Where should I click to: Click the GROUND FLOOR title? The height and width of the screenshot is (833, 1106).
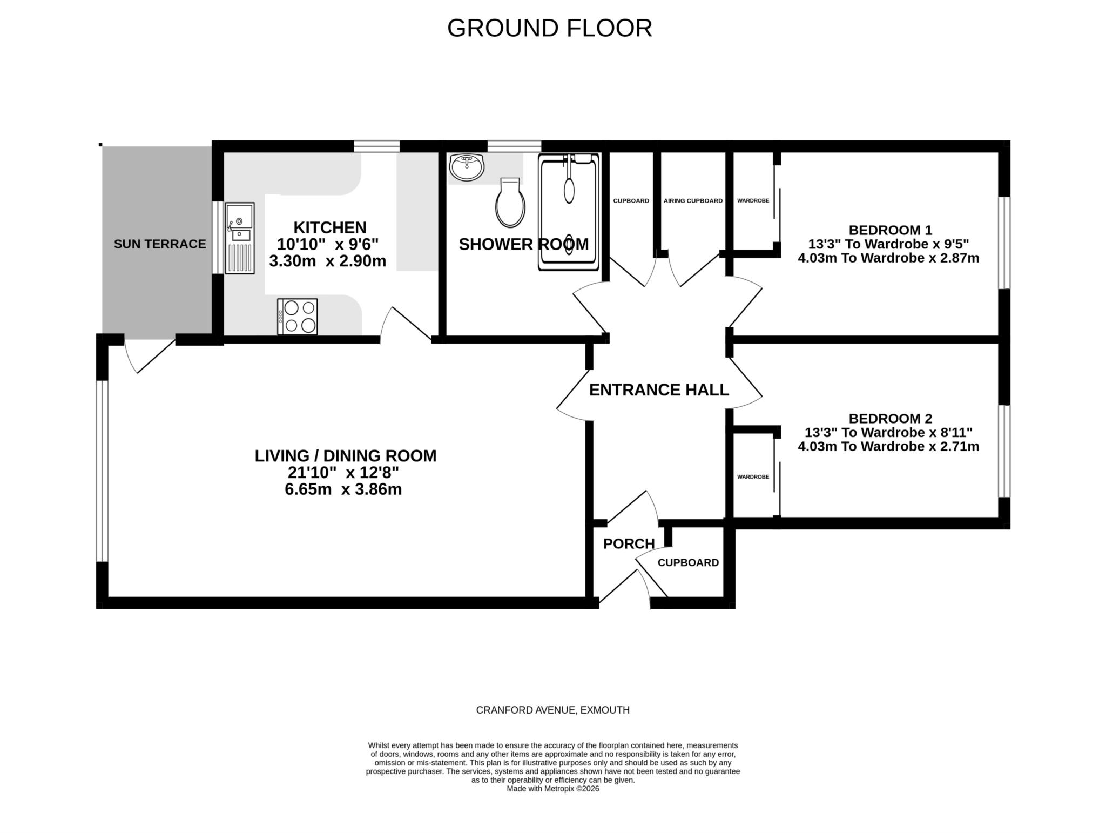[549, 28]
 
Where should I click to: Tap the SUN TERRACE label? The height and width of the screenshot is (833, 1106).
[160, 244]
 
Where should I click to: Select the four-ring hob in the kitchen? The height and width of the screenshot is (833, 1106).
[298, 317]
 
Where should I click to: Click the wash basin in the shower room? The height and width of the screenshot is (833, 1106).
[467, 167]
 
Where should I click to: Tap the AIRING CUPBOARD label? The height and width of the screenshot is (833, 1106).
[693, 201]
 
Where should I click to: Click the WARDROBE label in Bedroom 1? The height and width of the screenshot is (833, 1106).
[753, 201]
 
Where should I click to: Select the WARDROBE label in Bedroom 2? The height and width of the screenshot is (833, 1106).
[753, 477]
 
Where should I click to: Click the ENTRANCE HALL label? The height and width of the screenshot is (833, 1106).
[659, 389]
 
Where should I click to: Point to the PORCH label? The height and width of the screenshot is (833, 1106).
[629, 543]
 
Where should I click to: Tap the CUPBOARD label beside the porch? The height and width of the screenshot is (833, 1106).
[688, 563]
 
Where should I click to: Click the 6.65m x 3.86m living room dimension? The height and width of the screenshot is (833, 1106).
[343, 490]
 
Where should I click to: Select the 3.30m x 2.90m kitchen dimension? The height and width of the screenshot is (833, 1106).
[328, 261]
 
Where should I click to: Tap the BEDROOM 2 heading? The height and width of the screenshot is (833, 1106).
[891, 419]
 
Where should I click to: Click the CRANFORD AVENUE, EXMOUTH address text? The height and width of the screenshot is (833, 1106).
[553, 710]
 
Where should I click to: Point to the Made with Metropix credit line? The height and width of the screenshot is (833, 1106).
[553, 789]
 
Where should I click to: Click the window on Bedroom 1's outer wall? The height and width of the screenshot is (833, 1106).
[1004, 243]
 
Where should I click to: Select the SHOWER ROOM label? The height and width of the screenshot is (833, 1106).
[524, 244]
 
